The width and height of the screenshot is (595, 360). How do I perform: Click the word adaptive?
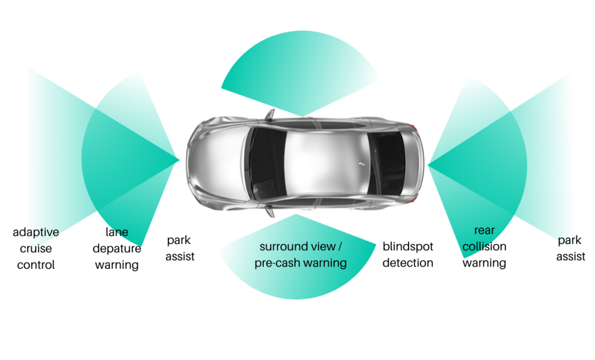point(35,232)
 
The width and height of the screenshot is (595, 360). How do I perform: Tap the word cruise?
point(35,249)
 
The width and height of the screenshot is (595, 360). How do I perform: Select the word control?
point(35,265)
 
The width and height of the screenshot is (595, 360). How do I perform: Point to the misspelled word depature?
point(117,249)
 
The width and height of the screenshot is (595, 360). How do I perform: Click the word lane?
point(117,232)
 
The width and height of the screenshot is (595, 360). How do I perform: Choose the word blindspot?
point(408,247)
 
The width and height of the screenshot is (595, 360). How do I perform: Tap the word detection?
point(408,263)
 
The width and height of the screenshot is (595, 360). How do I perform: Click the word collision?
point(485,247)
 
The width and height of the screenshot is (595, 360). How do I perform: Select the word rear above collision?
point(485,231)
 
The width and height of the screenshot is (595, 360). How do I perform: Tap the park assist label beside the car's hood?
point(180,249)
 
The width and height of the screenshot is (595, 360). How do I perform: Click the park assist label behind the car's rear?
point(571,249)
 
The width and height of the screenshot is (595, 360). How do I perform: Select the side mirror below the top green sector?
point(270,115)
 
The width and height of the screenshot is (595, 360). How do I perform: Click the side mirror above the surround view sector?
point(270,211)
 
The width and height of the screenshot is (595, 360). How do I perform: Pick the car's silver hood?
point(216,163)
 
